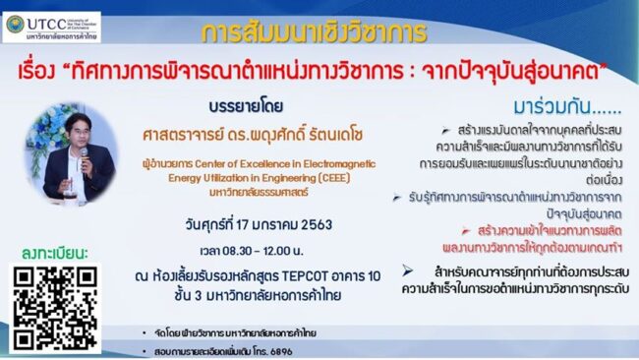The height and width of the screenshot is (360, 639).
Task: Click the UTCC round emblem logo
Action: pos(14,24)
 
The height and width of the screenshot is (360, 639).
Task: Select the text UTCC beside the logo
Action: pos(45,17)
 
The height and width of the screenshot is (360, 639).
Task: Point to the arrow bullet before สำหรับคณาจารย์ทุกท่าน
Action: pos(407,269)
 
